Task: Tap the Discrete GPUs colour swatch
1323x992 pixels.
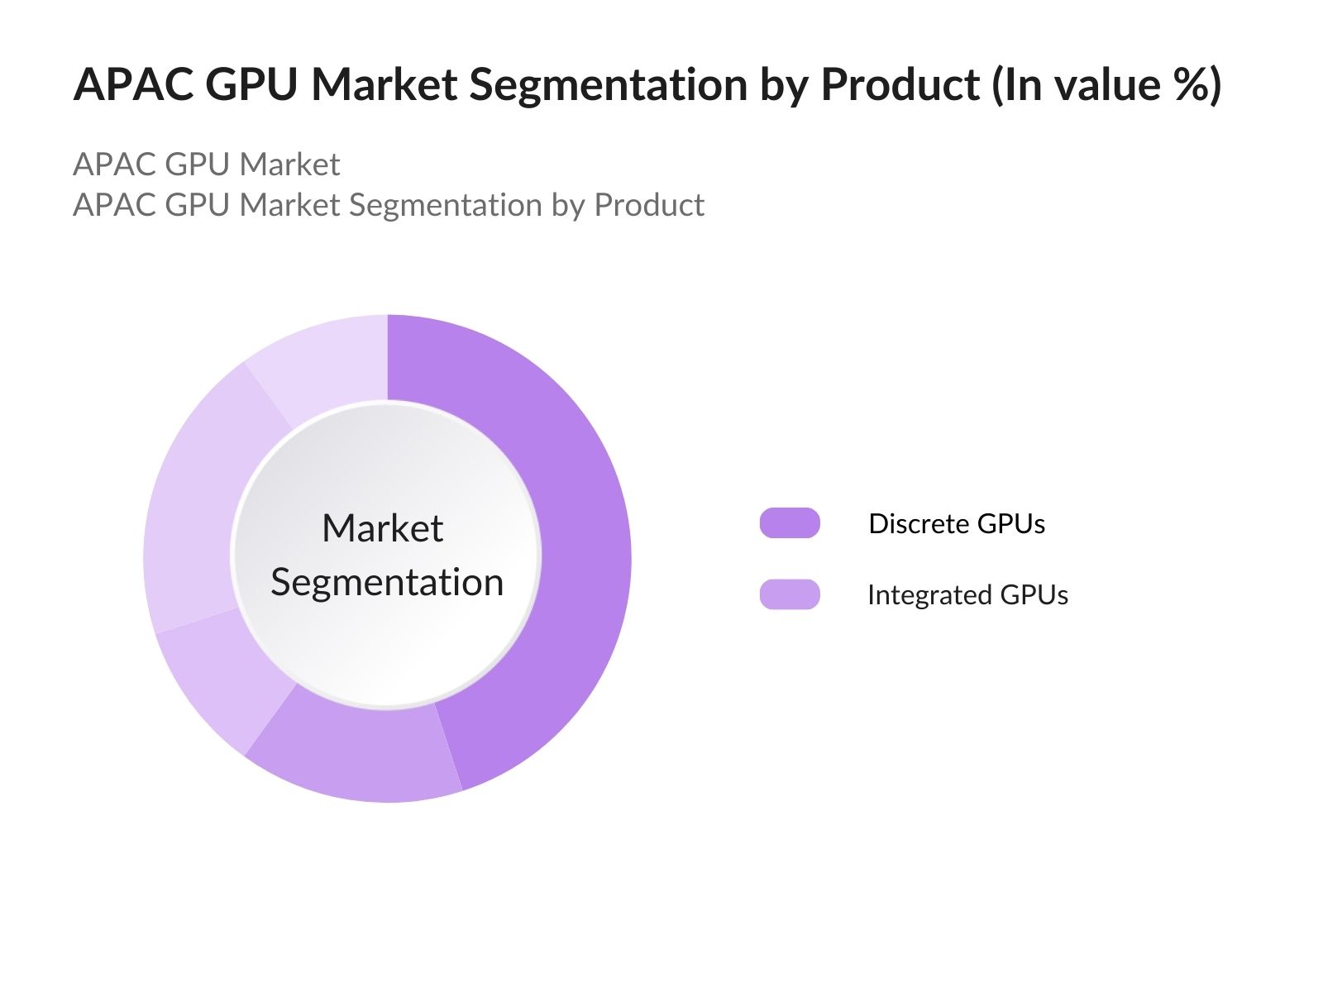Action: (790, 523)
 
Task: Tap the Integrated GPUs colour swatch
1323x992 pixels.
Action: (790, 594)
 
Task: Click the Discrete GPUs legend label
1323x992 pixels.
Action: (957, 523)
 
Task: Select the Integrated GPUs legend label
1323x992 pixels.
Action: (967, 594)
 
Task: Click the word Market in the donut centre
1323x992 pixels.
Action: (382, 528)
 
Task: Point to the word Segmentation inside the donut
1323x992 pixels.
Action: (387, 582)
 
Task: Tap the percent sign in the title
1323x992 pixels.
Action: (1188, 84)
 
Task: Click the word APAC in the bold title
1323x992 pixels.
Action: (133, 84)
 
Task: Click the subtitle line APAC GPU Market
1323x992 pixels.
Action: (207, 165)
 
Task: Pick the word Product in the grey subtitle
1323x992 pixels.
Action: (649, 205)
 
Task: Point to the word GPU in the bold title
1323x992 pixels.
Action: (251, 84)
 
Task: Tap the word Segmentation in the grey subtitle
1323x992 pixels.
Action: (445, 205)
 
